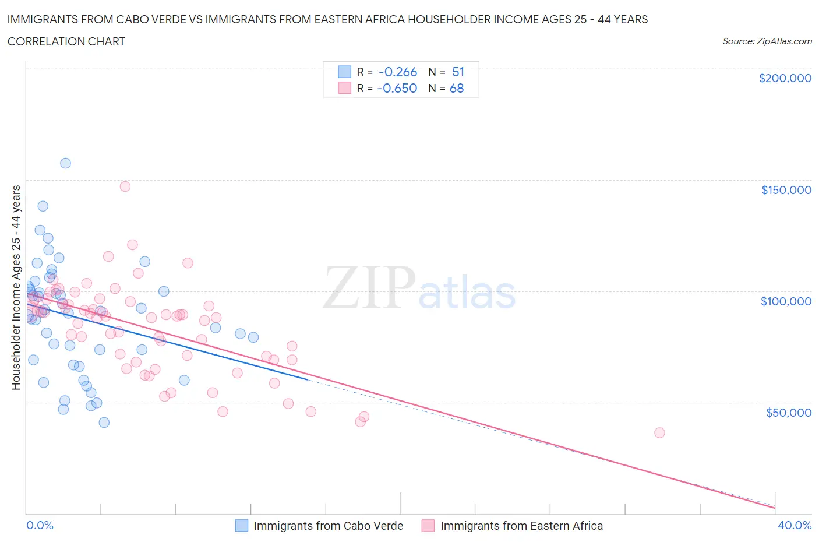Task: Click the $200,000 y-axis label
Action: click(x=785, y=78)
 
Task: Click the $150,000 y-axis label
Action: click(x=786, y=190)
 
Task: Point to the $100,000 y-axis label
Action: click(x=786, y=301)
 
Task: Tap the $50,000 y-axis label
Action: click(x=788, y=413)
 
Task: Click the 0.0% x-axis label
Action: click(x=40, y=525)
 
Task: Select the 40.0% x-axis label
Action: click(x=795, y=525)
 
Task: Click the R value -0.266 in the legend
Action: click(x=398, y=72)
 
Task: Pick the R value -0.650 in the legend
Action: click(x=397, y=88)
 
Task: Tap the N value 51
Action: click(x=458, y=72)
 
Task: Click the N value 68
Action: click(x=457, y=88)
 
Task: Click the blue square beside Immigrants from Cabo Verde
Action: click(x=242, y=526)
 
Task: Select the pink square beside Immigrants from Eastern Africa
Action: click(x=428, y=526)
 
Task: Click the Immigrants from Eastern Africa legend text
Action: click(x=521, y=526)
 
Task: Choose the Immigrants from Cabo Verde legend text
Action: click(x=329, y=526)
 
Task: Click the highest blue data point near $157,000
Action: click(x=65, y=163)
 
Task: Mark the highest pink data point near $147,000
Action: click(x=125, y=186)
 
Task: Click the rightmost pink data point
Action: click(x=659, y=432)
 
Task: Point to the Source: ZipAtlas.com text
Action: click(x=767, y=41)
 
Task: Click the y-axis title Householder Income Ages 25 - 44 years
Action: click(x=16, y=287)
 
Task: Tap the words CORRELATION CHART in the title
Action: click(x=66, y=41)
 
